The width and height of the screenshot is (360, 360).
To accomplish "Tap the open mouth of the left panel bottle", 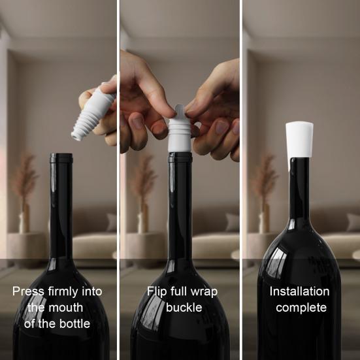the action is (61, 155).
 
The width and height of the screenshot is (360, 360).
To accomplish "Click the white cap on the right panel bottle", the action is (299, 140).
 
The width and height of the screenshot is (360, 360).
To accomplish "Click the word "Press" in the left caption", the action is (28, 291).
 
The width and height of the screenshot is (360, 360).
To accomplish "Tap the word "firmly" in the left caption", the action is (63, 291).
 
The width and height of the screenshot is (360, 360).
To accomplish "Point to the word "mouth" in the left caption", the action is (66, 308).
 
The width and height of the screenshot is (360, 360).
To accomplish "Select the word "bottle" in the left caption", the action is (74, 323).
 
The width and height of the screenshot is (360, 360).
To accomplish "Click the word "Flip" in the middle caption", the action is (157, 291).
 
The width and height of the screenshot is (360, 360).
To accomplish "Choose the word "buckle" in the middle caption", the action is (184, 308).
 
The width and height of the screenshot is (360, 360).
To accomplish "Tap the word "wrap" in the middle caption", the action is (204, 292).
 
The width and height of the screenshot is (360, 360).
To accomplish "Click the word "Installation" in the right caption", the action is (299, 291).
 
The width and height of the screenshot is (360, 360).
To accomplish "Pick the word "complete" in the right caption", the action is (301, 308).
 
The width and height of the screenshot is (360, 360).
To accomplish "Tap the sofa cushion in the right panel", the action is (353, 222).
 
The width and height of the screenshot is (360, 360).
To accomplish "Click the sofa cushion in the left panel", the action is (111, 222).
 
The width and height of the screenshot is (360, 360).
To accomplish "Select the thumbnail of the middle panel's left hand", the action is (137, 122).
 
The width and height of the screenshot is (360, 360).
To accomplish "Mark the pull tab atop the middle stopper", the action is (180, 110).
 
